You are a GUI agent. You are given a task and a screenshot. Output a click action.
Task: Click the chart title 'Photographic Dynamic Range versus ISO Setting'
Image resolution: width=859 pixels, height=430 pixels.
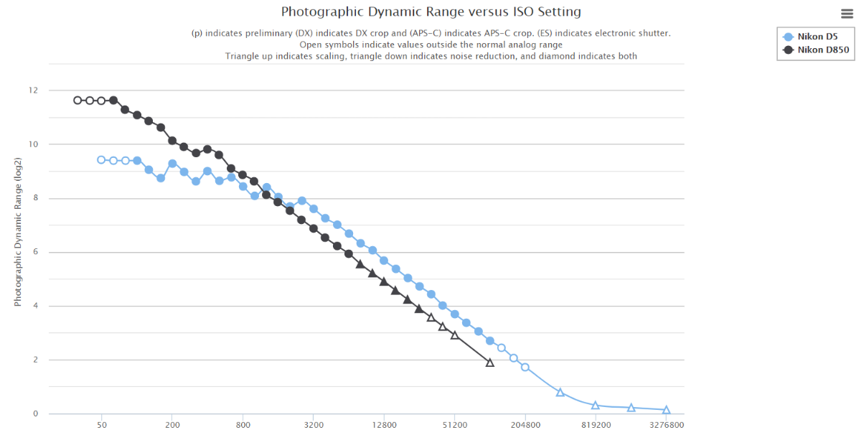pos(431,12)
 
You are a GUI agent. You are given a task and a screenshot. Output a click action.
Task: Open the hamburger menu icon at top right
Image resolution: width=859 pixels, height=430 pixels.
pos(847,13)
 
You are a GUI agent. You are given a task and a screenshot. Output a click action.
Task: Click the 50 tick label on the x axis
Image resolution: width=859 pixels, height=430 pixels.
pos(101,424)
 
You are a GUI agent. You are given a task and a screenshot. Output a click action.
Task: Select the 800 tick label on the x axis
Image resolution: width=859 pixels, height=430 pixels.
pos(243,424)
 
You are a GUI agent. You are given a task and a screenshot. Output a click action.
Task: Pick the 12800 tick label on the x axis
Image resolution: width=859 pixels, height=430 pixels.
pos(384,424)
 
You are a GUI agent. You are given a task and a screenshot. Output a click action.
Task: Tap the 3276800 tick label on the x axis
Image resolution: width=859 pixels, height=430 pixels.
pos(666,424)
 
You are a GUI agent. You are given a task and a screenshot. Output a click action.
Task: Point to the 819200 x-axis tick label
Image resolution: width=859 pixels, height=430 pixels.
pos(596,424)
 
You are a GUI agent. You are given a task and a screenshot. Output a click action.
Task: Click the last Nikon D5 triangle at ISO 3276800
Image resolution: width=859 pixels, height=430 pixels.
pos(666,410)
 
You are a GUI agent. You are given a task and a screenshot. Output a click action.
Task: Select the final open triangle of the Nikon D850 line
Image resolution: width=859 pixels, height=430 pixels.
pos(490,363)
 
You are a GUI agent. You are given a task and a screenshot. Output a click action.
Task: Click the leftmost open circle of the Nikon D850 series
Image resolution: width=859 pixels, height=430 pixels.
pos(78,101)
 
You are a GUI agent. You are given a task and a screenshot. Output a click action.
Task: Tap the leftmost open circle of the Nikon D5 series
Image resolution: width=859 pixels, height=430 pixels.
pos(101,160)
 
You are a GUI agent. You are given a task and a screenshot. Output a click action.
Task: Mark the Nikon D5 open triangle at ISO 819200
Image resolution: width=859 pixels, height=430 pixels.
pos(596,406)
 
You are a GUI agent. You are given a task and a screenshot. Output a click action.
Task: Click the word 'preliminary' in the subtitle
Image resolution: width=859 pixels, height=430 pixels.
pos(253,34)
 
